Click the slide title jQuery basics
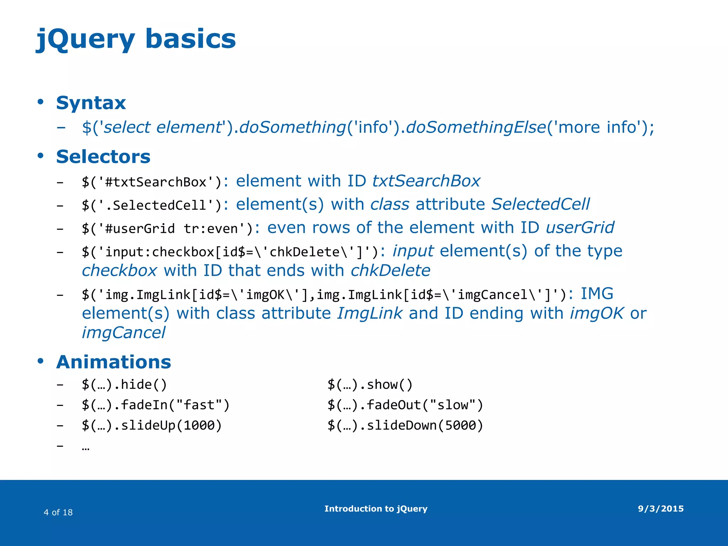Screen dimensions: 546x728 [136, 39]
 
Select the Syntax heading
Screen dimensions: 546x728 [91, 103]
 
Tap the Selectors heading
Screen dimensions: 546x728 [103, 157]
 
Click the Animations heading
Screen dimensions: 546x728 [113, 362]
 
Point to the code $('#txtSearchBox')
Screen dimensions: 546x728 [151, 182]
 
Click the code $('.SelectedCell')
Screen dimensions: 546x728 [151, 205]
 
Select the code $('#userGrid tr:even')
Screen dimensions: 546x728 [167, 229]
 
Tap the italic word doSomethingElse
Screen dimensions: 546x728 [476, 127]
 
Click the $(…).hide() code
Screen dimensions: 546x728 [124, 385]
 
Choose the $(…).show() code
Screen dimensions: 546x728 [370, 385]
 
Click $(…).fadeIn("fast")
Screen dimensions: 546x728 [156, 405]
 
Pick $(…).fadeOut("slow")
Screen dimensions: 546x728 [405, 405]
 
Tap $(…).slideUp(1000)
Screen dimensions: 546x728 [152, 425]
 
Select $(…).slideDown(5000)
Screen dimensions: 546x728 [405, 425]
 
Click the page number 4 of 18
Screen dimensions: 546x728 [58, 512]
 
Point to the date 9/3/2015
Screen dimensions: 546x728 [660, 509]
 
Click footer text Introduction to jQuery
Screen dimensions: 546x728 [376, 509]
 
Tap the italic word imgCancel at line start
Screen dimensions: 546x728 [123, 333]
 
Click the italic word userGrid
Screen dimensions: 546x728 [580, 228]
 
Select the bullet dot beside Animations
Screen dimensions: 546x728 [41, 361]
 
